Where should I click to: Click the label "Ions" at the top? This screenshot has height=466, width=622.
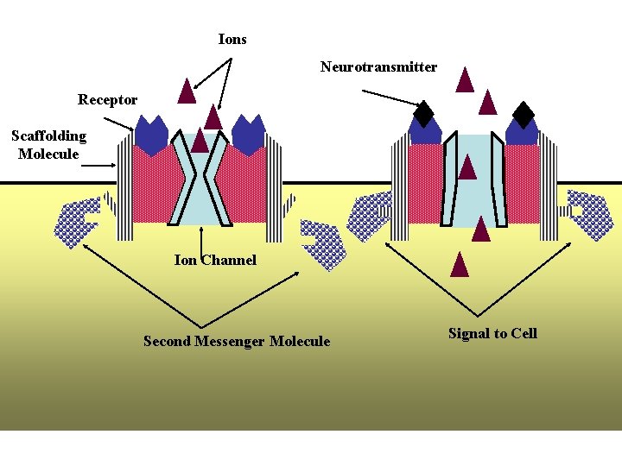coord(232,39)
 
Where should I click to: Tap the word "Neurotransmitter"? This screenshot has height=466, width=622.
coord(378,66)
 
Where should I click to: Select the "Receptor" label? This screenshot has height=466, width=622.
coord(107,99)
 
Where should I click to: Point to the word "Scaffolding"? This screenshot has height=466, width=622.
coord(48,135)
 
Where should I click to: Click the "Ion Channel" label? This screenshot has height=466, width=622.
coord(215,260)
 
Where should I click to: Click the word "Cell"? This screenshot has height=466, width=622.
coord(524,333)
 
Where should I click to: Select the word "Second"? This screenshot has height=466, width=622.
coord(163,341)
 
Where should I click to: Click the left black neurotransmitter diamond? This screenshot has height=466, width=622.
coord(423,113)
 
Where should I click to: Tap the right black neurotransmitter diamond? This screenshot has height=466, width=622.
coord(524,114)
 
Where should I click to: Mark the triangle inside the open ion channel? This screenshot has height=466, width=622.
coord(467,167)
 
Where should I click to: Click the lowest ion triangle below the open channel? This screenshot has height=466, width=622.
coord(459,263)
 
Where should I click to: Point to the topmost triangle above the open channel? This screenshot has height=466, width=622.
coord(465,79)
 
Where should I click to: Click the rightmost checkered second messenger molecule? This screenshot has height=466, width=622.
coord(593,214)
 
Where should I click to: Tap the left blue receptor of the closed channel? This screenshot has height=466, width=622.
coord(152,135)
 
